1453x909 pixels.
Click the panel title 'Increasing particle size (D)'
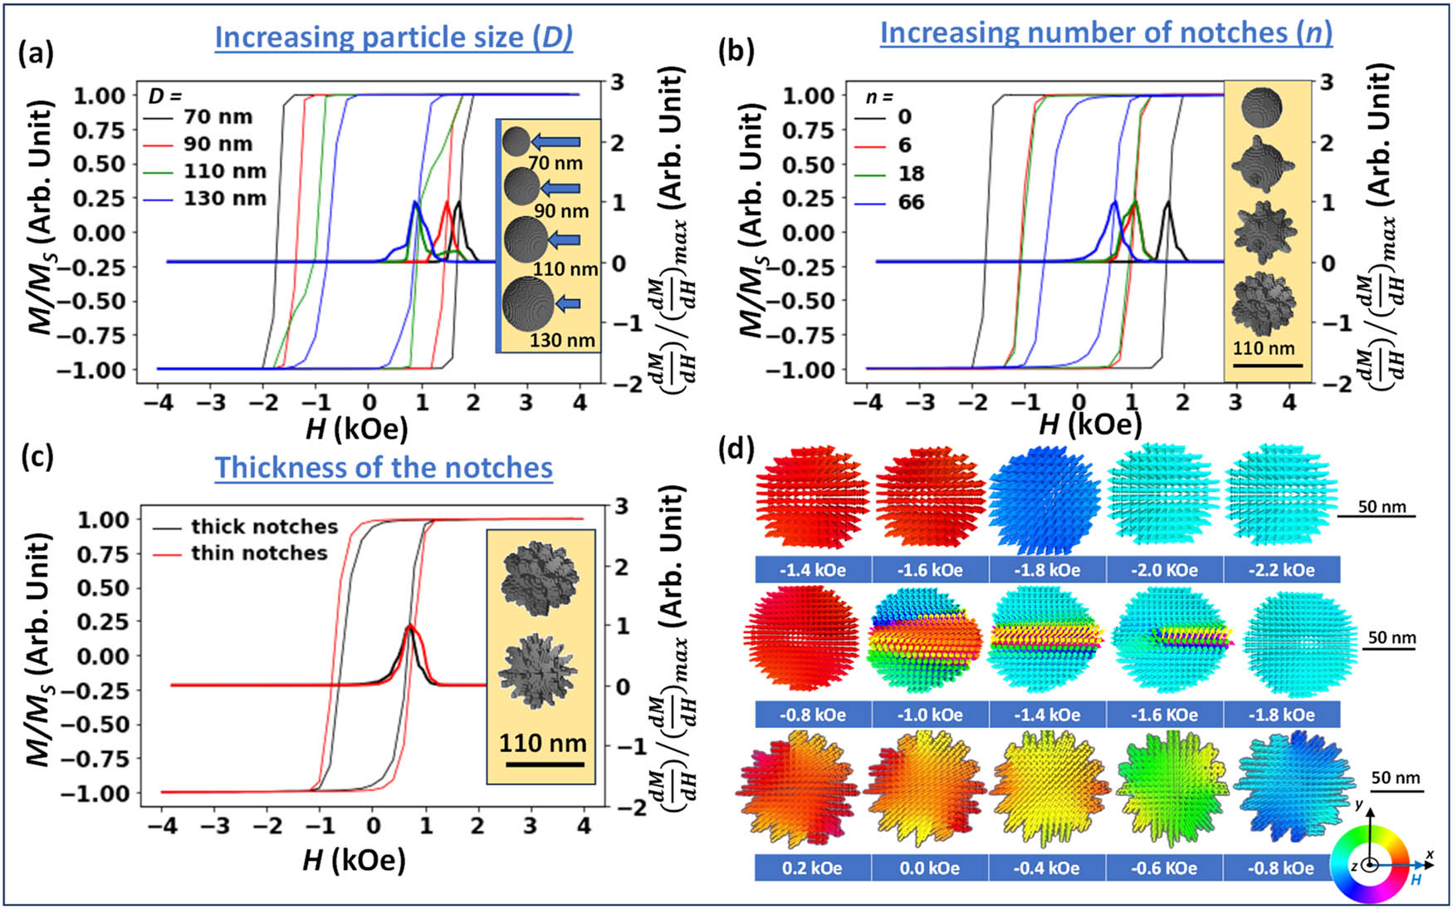point(394,37)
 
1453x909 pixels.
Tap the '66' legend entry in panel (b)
point(911,202)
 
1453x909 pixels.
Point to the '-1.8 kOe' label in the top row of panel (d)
point(1046,570)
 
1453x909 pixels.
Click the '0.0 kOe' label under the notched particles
point(929,868)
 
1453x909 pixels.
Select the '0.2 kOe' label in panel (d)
point(812,868)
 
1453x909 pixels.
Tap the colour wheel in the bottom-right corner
point(1369,864)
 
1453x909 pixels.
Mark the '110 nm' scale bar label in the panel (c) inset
point(542,743)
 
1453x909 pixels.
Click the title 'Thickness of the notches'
point(384,468)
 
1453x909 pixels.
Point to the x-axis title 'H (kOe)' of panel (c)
point(354,861)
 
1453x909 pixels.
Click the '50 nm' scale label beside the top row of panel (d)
point(1382,506)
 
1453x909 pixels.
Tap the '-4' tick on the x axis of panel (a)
point(159,403)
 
